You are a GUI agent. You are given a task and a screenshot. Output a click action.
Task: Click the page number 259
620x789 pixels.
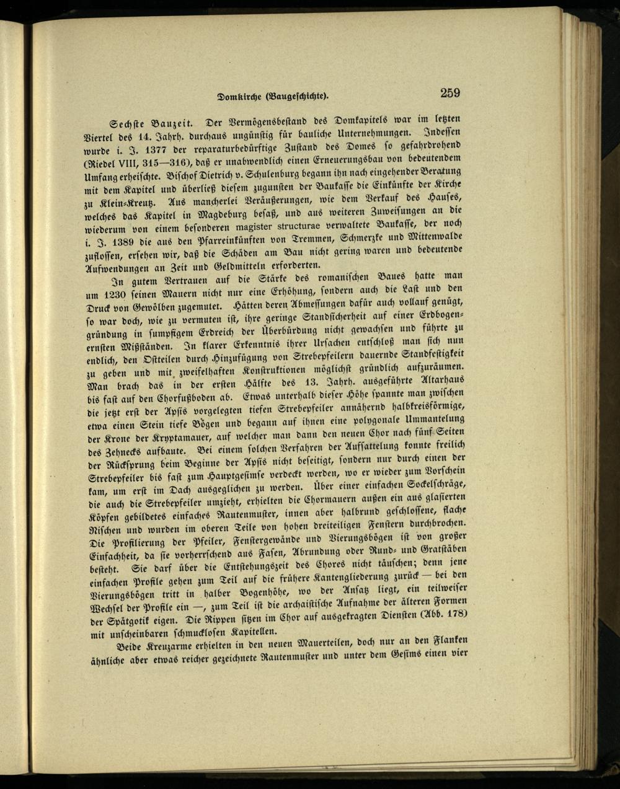pyautogui.click(x=449, y=93)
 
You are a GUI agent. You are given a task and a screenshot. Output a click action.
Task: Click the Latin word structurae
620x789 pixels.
pyautogui.click(x=318, y=226)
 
